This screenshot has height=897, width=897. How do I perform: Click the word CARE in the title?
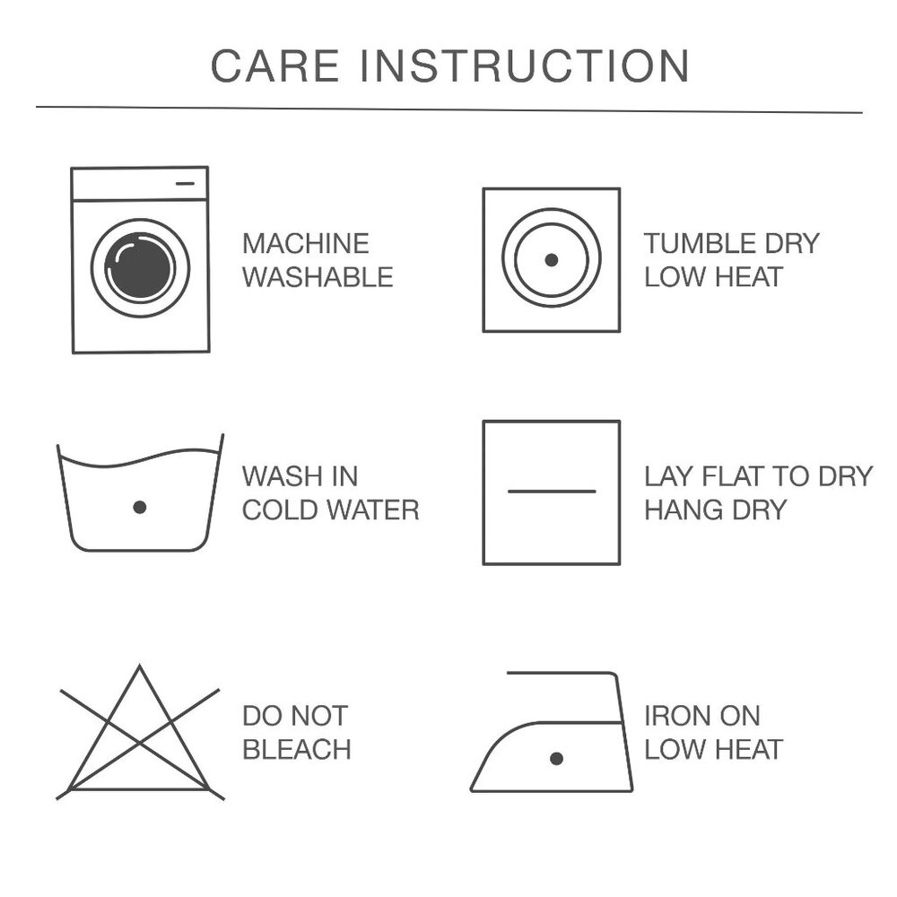(275, 65)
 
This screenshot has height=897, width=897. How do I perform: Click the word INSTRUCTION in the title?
(525, 65)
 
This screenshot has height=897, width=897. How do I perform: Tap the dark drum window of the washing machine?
(140, 267)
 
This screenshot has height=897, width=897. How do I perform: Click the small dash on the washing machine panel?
(186, 184)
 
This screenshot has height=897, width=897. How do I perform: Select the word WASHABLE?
(318, 277)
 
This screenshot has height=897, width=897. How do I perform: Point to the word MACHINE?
(306, 244)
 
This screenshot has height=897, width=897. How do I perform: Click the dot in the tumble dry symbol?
(552, 260)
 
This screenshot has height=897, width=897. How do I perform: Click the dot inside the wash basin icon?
(140, 507)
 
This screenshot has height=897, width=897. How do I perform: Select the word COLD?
(282, 509)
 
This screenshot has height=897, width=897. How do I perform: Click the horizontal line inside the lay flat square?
(552, 492)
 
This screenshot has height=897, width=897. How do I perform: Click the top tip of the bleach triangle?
(140, 666)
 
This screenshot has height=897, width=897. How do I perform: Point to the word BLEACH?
(296, 749)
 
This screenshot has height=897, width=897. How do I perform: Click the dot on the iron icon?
(556, 759)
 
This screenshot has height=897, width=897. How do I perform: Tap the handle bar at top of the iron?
(561, 674)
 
